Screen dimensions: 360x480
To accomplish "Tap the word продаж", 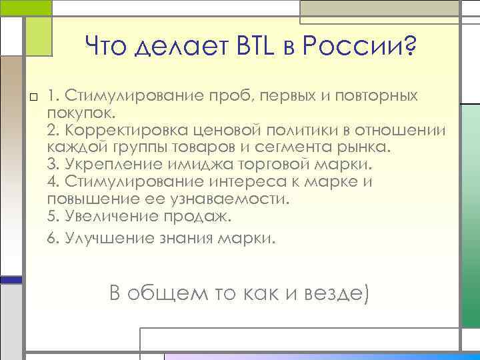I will tap(198, 216).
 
